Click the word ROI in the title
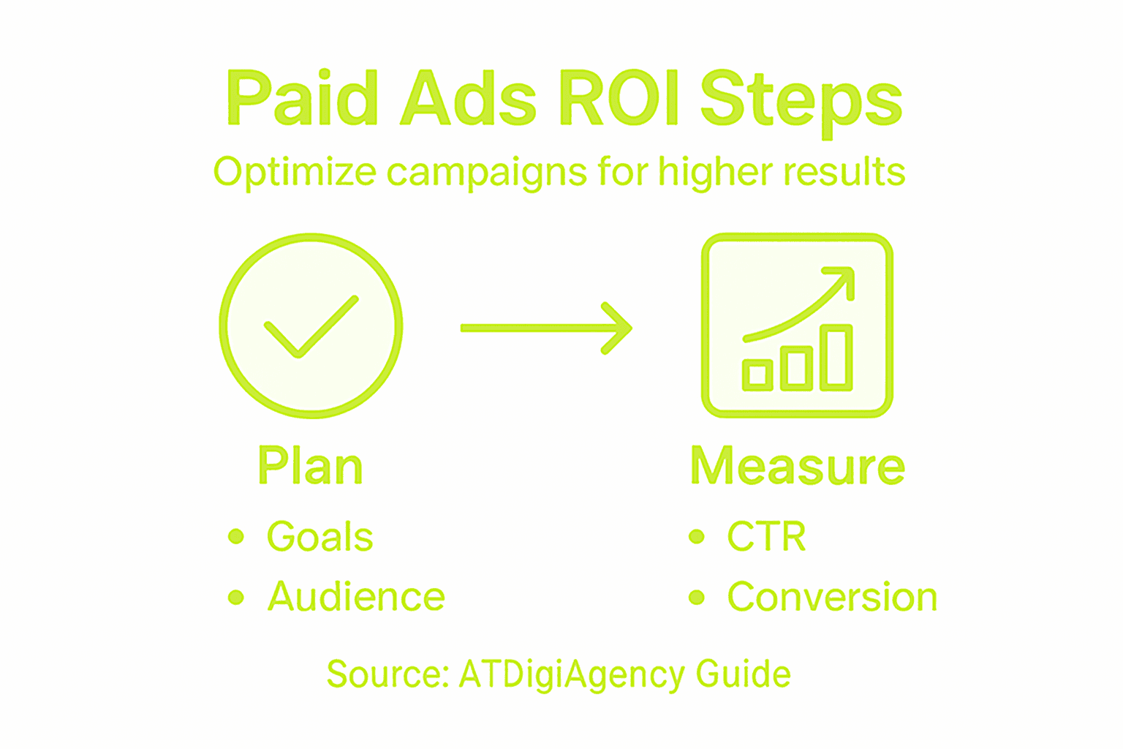619,97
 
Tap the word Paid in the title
302,97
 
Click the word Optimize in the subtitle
295,173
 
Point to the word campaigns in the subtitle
486,173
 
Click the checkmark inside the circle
311,326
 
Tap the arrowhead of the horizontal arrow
617,328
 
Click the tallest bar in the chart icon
836,357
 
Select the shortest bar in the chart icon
757,374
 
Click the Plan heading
310,465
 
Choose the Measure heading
798,465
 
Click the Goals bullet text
319,536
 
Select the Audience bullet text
356,596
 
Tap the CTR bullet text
766,536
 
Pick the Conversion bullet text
832,596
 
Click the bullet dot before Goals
235,536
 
